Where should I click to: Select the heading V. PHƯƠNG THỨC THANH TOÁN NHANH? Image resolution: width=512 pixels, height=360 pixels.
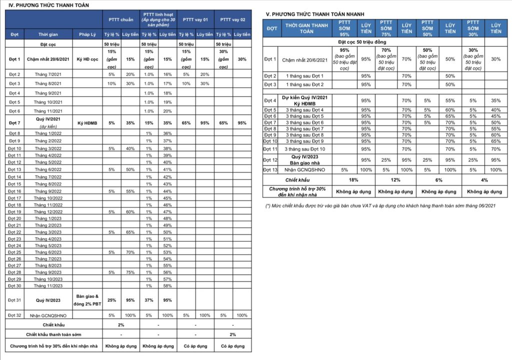click(314, 14)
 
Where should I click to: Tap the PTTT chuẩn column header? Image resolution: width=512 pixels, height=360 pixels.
click(121, 19)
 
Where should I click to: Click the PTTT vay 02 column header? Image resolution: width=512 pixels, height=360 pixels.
click(232, 19)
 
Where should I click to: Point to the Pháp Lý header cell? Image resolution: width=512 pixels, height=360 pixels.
click(87, 34)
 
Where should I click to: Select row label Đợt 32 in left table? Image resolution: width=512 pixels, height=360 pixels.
click(14, 315)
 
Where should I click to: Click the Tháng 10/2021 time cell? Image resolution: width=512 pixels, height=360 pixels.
click(48, 102)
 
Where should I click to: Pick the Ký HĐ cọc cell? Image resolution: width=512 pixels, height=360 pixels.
click(87, 59)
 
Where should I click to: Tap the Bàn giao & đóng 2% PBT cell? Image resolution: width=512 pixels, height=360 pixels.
click(87, 300)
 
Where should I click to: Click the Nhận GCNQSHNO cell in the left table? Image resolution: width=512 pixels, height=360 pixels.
click(48, 315)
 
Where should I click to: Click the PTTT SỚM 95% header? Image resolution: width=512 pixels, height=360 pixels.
click(344, 28)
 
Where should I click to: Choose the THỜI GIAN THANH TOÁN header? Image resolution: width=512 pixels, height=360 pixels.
click(306, 28)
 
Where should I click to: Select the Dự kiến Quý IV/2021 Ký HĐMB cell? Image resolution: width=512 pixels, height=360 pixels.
click(307, 100)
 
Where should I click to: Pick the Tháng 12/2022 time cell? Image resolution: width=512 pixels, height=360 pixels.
click(48, 211)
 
